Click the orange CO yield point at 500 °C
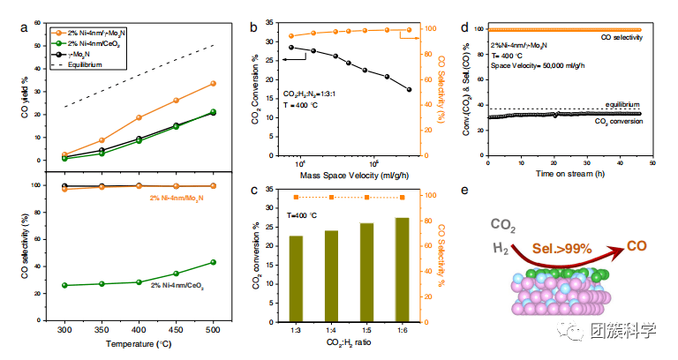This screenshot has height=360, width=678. click(213, 83)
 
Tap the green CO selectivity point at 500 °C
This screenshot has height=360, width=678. click(213, 262)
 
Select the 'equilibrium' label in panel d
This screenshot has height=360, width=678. click(621, 104)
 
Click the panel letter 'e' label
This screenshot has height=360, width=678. click(489, 190)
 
